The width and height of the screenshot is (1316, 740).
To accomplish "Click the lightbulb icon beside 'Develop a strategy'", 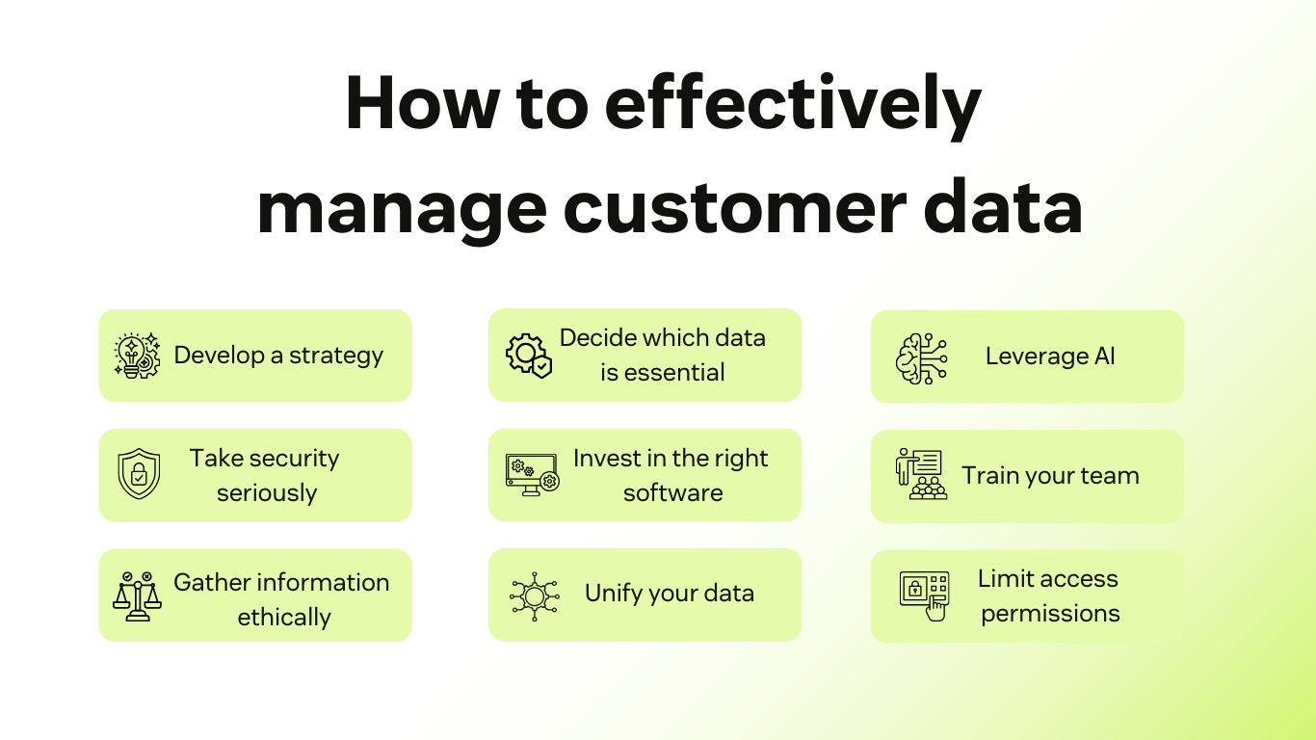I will (x=137, y=356).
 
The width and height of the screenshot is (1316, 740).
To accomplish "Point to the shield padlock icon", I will (x=138, y=475).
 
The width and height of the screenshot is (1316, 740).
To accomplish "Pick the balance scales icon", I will (x=137, y=595).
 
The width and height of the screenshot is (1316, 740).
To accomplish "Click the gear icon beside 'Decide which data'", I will (x=529, y=356).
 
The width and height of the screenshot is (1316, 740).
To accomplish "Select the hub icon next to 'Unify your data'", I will (x=534, y=595).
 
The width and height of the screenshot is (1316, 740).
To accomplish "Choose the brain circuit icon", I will (x=921, y=357).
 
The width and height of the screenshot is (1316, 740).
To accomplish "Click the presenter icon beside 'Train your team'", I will (x=921, y=474).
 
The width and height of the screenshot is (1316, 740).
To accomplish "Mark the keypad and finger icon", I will (x=924, y=595).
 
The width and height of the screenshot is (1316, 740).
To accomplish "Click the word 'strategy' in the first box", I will (x=336, y=356).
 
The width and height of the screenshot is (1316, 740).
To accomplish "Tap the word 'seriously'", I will (x=267, y=493).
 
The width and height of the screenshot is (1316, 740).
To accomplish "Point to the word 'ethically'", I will (x=284, y=618).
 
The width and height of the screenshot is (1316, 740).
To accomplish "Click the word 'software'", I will (x=672, y=493).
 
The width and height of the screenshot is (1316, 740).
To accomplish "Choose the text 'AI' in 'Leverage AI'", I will (x=1104, y=357).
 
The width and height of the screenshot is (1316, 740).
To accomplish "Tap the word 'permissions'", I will (x=1050, y=614).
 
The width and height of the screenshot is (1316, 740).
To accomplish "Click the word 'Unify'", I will (x=613, y=594).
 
